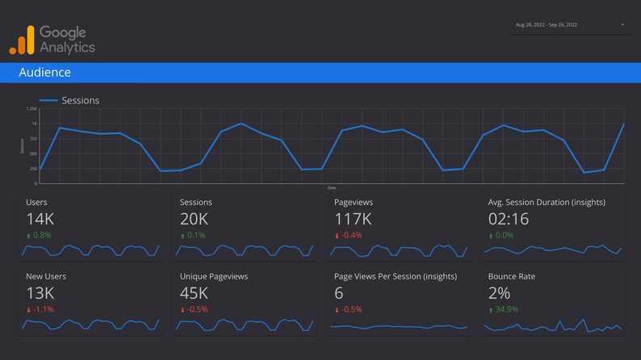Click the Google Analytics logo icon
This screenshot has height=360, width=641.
pyautogui.click(x=22, y=40)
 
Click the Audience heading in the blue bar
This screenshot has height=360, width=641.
pyautogui.click(x=44, y=73)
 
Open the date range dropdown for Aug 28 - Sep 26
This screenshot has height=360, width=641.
pyautogui.click(x=570, y=25)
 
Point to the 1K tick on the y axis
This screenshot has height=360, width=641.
pyautogui.click(x=34, y=123)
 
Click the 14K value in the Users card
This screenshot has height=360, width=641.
pyautogui.click(x=40, y=219)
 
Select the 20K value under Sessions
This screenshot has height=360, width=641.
pyautogui.click(x=195, y=219)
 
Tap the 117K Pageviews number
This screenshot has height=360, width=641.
pyautogui.click(x=353, y=219)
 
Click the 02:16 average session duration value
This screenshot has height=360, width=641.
pyautogui.click(x=509, y=219)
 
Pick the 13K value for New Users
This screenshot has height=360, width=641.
pyautogui.click(x=40, y=293)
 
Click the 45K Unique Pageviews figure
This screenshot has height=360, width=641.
pyautogui.click(x=195, y=293)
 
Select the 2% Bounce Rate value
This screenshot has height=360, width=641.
pyautogui.click(x=500, y=293)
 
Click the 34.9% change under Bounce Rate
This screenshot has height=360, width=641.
pyautogui.click(x=506, y=309)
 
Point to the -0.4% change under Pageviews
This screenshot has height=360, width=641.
pyautogui.click(x=351, y=236)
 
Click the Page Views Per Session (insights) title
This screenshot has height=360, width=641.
pyautogui.click(x=396, y=276)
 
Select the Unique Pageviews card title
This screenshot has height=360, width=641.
pyautogui.click(x=213, y=276)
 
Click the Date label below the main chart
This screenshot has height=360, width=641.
pyautogui.click(x=332, y=187)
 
